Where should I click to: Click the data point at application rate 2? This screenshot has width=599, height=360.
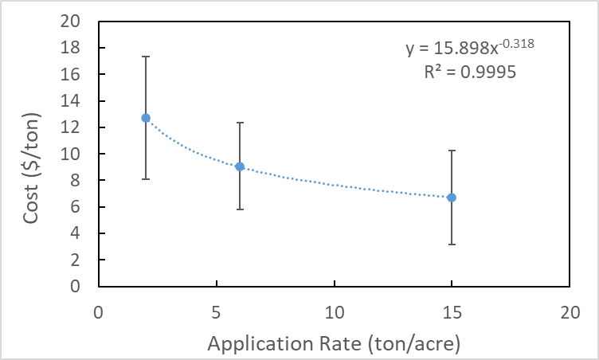[x=146, y=118]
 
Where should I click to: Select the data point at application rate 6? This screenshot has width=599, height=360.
[x=240, y=166]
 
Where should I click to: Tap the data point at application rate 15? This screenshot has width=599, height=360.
[x=452, y=198]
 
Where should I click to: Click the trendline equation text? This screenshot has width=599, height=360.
[x=469, y=49]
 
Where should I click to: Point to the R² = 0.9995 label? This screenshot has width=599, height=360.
[x=470, y=72]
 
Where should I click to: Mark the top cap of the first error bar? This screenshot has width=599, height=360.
[x=146, y=57]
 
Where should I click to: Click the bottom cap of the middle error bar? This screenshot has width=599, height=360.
[x=240, y=209]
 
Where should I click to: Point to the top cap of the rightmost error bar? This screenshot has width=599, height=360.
[x=452, y=151]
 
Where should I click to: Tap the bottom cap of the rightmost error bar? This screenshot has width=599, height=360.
[x=452, y=245]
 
